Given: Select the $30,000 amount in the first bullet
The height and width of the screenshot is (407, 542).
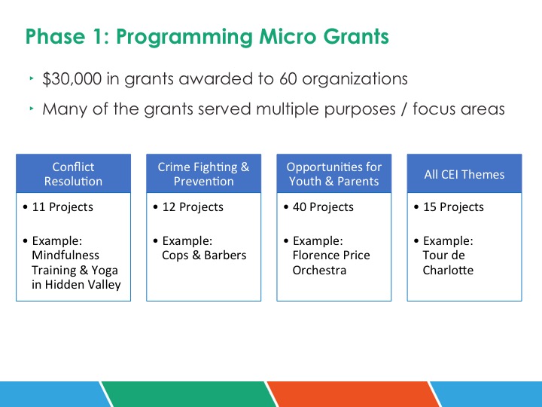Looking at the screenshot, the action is tap(72, 79).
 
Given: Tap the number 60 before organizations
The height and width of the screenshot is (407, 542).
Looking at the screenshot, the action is tap(288, 79).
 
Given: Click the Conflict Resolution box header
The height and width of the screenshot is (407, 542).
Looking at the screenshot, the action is tap(73, 174).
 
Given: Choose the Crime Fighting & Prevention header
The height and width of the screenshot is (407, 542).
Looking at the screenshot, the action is tap(203, 174).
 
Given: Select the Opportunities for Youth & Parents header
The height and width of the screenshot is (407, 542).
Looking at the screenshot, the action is tap(334, 174).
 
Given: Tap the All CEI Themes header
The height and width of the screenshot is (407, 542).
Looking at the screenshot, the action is tap(464, 174).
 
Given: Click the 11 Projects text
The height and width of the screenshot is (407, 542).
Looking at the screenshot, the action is tap(62, 207).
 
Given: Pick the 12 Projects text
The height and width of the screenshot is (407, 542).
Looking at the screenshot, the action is tap(193, 207).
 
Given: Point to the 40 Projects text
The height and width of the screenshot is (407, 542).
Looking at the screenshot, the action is tap(323, 207).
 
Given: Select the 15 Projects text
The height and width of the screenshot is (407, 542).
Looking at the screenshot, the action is tap(453, 207).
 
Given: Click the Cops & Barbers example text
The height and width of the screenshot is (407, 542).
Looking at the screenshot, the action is tap(204, 256).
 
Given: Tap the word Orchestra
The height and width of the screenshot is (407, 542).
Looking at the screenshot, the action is tap(319, 270).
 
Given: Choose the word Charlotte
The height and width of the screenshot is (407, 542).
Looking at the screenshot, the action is tap(448, 270).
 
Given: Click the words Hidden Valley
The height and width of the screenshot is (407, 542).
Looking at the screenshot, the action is tap(83, 285).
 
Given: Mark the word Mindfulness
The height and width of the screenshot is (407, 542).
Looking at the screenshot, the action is tap(65, 255).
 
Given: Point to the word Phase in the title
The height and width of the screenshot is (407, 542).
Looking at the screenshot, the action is tap(55, 36).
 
